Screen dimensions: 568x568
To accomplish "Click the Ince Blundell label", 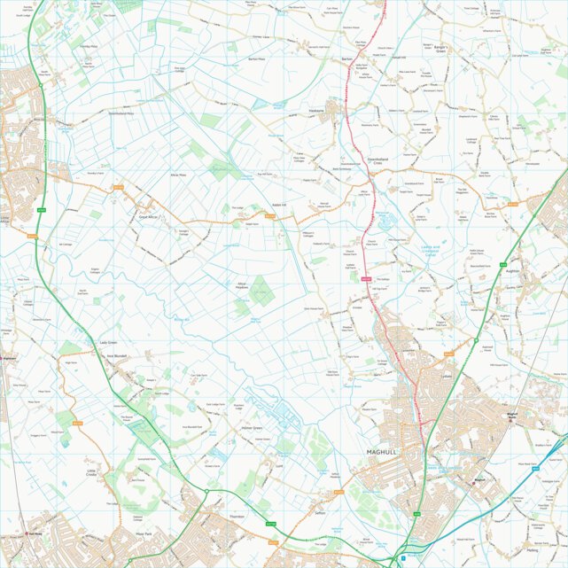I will pos(118,357).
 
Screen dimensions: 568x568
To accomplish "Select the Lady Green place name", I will pos(109,342).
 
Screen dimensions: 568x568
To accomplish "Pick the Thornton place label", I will pos(236,516).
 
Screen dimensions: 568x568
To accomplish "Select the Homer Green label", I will pos(253,429).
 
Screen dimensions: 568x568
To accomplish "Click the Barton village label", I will pos(347,58).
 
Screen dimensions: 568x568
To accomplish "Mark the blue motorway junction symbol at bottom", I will pos(402,559).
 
